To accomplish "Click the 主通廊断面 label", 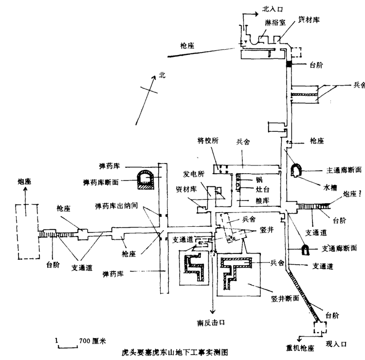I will click(x=344, y=170).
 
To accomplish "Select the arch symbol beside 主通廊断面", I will click(x=296, y=171).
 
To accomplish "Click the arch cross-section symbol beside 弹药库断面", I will click(x=145, y=179).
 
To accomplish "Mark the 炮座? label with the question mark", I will click(x=353, y=194).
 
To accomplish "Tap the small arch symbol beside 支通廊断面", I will click(x=306, y=249).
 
